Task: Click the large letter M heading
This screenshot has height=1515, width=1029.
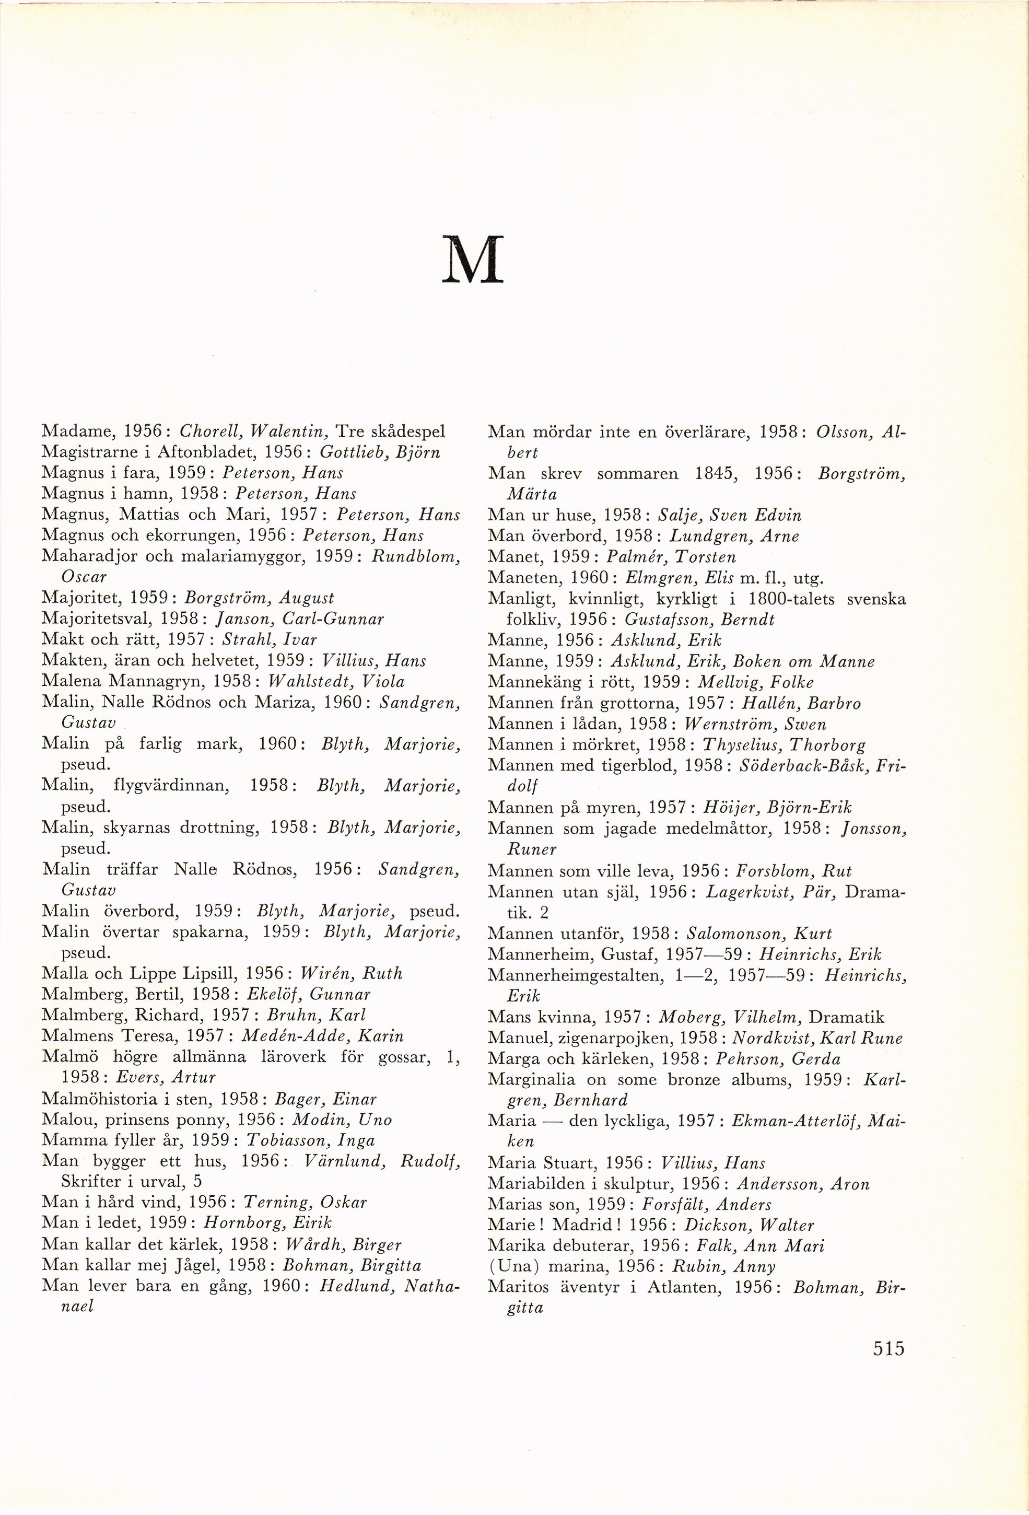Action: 473,260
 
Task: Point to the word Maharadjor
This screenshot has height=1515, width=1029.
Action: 89,556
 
